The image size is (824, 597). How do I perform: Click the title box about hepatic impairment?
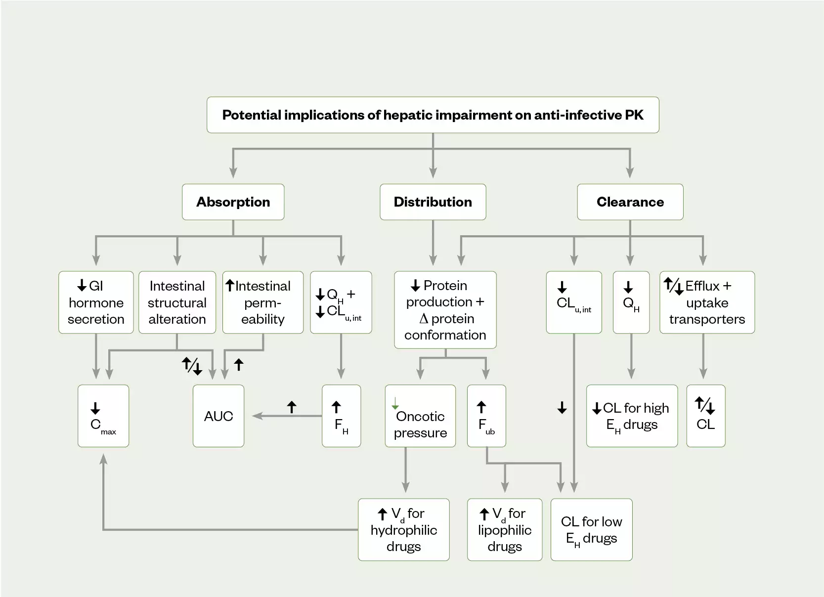pyautogui.click(x=433, y=115)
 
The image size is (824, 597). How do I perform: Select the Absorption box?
pyautogui.click(x=233, y=202)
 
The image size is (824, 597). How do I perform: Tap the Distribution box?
pyautogui.click(x=433, y=202)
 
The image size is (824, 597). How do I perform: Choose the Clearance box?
pyautogui.click(x=630, y=202)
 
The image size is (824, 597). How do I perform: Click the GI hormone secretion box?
pyautogui.click(x=96, y=302)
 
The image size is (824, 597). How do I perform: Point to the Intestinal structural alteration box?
pyautogui.click(x=177, y=302)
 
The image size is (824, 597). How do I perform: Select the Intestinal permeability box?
pyautogui.click(x=262, y=302)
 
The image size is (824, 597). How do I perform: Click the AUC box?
pyautogui.click(x=218, y=416)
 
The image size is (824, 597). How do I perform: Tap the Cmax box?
pyautogui.click(x=103, y=416)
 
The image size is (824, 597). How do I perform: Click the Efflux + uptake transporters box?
pyautogui.click(x=707, y=302)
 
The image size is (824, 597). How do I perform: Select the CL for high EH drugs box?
pyautogui.click(x=632, y=416)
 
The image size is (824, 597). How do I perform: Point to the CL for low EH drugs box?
pyautogui.click(x=591, y=530)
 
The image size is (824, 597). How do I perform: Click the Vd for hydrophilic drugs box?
pyautogui.click(x=403, y=530)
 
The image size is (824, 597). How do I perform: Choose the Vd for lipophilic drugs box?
pyautogui.click(x=504, y=530)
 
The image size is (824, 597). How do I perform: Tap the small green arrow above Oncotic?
pyautogui.click(x=395, y=403)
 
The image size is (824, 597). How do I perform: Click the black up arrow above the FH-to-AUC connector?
pyautogui.click(x=292, y=407)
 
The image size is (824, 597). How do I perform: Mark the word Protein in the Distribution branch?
pyautogui.click(x=445, y=286)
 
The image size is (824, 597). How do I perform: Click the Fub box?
pyautogui.click(x=486, y=416)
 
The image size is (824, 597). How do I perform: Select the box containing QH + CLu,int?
pyautogui.click(x=341, y=302)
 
